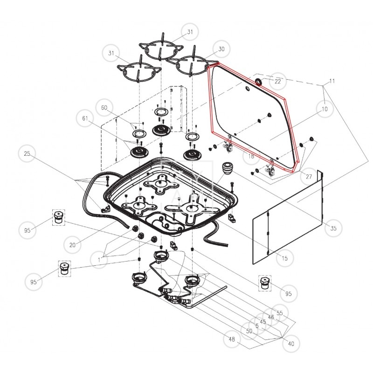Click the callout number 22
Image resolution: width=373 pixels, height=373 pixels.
coord(277,81)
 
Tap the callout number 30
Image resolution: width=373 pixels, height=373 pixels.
coord(221,49)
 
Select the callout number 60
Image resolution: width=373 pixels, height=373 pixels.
coord(104,108)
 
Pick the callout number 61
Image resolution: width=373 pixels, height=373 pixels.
coord(85,118)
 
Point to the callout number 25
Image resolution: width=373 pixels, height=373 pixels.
coord(27,153)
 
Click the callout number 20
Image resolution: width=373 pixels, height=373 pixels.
coord(73,245)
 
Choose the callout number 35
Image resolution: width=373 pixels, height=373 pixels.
coord(333,228)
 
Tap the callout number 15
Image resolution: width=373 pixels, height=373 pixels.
coord(284,258)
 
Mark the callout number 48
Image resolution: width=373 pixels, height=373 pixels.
coord(232,339)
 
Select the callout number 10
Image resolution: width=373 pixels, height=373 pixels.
coord(325,109)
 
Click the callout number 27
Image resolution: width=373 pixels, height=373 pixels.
coord(309,177)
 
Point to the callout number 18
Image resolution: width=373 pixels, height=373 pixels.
coord(251,156)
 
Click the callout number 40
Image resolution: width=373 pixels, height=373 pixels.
coord(291,344)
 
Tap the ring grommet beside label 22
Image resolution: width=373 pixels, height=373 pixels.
coord(258,82)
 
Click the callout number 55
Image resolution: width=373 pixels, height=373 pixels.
coord(280,313)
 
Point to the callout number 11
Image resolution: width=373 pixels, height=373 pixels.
coord(332,81)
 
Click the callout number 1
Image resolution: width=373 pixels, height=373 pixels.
coord(99,260)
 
